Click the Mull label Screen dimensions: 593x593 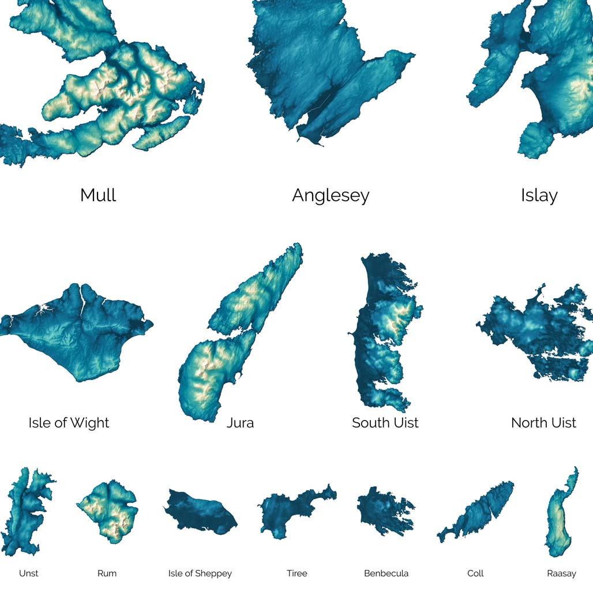pos(98,195)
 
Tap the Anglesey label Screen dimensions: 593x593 pos(331,195)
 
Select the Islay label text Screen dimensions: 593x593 pos(539,195)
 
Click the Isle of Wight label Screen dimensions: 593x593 pos(69,423)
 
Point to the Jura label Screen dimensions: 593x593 pos(240,423)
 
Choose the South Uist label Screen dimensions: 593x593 pos(385,423)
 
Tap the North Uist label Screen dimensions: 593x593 pos(543,423)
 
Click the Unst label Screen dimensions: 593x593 pos(29,573)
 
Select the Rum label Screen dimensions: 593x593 pos(107,573)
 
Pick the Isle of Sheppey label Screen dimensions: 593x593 pos(200,573)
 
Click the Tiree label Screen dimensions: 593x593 pos(296,573)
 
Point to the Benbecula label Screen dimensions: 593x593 pos(386,573)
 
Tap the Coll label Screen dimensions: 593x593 pos(475,573)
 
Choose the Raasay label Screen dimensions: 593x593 pos(561,573)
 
